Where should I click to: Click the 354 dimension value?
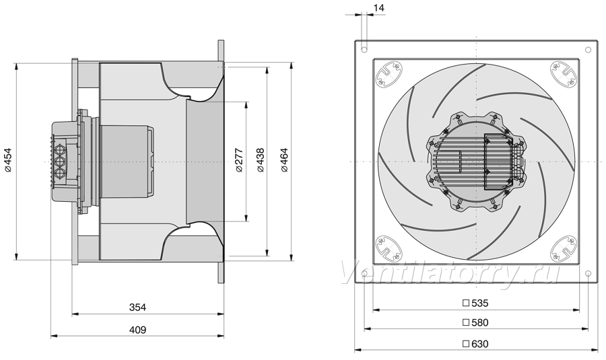[137, 308]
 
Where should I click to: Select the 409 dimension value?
[137, 330]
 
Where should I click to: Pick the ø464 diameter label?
[284, 160]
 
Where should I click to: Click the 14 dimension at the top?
[379, 7]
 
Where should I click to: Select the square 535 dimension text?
[476, 303]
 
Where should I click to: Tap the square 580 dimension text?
[476, 322]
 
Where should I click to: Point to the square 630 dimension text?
[476, 344]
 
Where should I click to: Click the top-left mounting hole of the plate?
[364, 50]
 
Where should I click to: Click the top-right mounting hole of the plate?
[588, 50]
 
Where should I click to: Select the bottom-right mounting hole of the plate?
[588, 274]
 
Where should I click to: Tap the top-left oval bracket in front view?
[389, 74]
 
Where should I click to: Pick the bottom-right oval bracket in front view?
[564, 249]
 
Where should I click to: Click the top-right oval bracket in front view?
[564, 74]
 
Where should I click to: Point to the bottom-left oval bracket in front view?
[389, 249]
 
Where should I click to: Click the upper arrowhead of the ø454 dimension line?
[17, 67]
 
